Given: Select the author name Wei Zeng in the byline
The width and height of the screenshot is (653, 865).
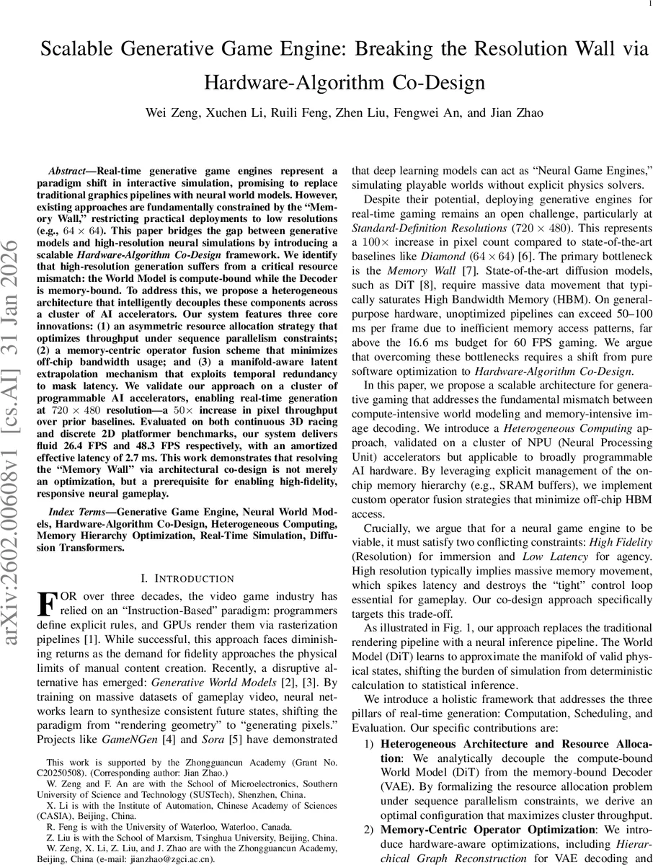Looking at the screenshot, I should click(x=170, y=112).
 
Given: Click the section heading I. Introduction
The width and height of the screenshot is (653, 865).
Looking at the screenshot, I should click(x=187, y=578).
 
